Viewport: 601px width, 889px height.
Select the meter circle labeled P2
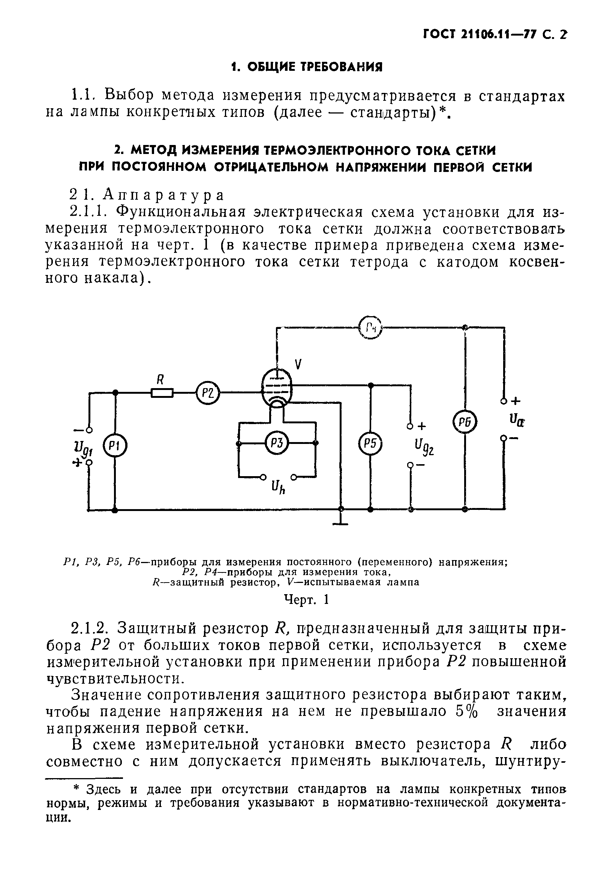click(207, 393)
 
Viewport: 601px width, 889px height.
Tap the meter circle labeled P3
click(277, 443)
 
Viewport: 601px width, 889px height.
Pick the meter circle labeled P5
click(370, 444)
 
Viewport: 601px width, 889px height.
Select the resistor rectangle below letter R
click(162, 393)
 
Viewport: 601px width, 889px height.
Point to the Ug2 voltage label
click(424, 447)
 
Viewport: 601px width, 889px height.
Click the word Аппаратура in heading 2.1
click(163, 195)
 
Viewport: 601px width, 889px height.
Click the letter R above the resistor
click(160, 379)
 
